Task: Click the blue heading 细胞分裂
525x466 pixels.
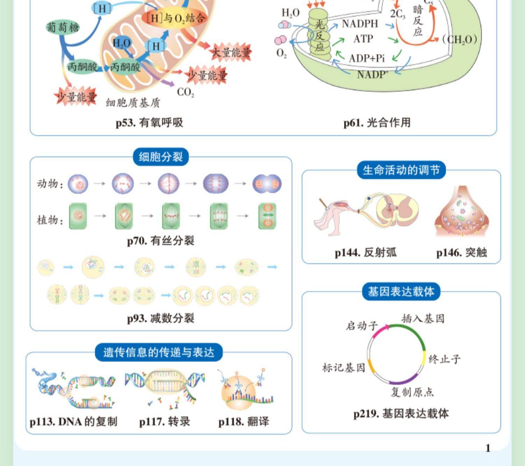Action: pyautogui.click(x=161, y=157)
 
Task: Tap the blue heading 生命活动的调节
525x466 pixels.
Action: pyautogui.click(x=401, y=170)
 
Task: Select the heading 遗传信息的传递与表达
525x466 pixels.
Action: pyautogui.click(x=159, y=352)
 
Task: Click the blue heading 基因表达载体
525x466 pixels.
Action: pyautogui.click(x=401, y=292)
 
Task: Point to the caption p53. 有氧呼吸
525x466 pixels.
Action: pyautogui.click(x=149, y=122)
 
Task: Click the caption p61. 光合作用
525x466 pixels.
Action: pyautogui.click(x=377, y=122)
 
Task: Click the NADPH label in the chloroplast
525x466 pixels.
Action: pyautogui.click(x=360, y=24)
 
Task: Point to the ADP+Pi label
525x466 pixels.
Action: pyautogui.click(x=366, y=58)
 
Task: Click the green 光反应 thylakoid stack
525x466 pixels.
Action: pyautogui.click(x=319, y=35)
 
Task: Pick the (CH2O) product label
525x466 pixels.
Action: pyautogui.click(x=460, y=39)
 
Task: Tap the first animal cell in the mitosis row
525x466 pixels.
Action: pyautogui.click(x=78, y=184)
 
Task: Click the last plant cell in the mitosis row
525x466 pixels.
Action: pyautogui.click(x=267, y=216)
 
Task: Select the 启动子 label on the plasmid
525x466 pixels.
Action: pyautogui.click(x=362, y=326)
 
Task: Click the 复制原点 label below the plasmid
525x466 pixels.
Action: pyautogui.click(x=412, y=392)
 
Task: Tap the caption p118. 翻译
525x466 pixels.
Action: pyautogui.click(x=244, y=422)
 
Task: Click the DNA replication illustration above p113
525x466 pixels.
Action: pyautogui.click(x=73, y=388)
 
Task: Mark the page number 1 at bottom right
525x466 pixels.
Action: pyautogui.click(x=488, y=448)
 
